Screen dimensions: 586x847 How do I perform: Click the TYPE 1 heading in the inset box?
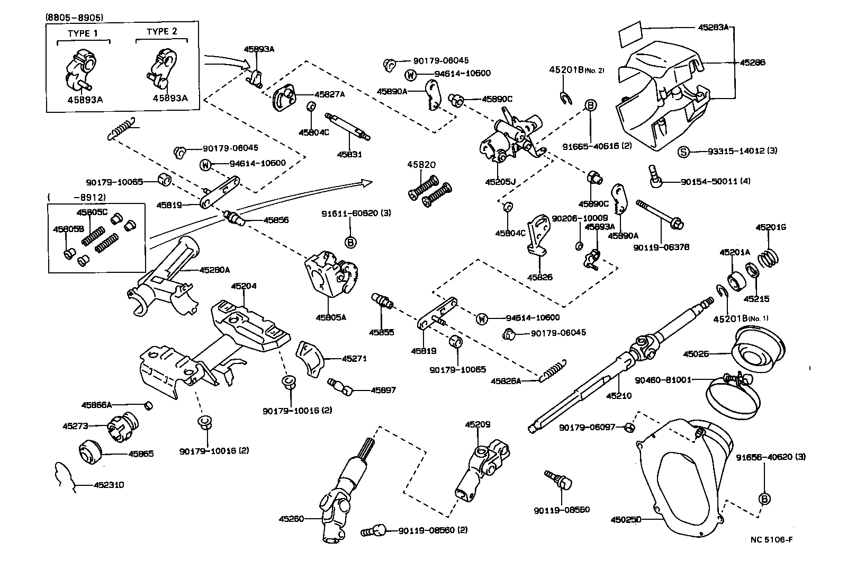point(83,32)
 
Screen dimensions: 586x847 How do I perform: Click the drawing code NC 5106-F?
point(771,540)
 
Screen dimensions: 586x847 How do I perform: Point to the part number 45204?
point(244,286)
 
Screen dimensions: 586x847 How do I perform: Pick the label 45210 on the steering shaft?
point(619,396)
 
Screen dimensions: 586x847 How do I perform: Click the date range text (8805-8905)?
point(75,17)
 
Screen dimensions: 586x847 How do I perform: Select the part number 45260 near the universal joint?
point(292,519)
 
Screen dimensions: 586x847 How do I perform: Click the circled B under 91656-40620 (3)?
point(764,499)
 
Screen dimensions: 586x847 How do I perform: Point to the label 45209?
point(478,424)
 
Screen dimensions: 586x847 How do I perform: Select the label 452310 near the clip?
point(110,485)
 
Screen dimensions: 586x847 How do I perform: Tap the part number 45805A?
point(331,318)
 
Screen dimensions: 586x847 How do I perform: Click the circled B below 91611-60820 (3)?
point(350,243)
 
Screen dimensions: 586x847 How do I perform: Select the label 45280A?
point(214,270)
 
